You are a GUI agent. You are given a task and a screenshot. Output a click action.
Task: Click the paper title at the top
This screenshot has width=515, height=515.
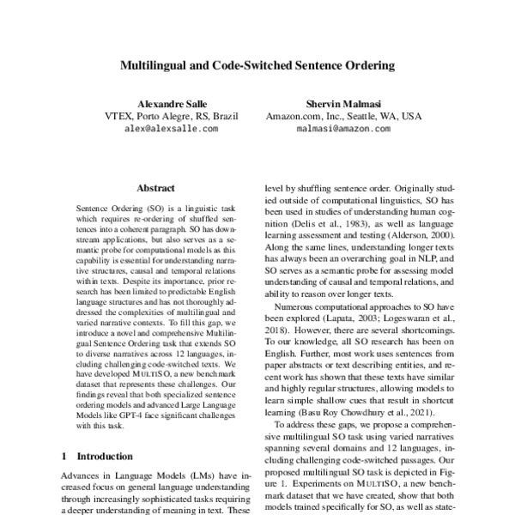(x=257, y=64)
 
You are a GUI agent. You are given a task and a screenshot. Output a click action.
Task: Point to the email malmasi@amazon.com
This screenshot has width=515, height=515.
(x=343, y=129)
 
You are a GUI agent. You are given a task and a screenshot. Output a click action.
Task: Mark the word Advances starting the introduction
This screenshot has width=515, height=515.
(x=84, y=476)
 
